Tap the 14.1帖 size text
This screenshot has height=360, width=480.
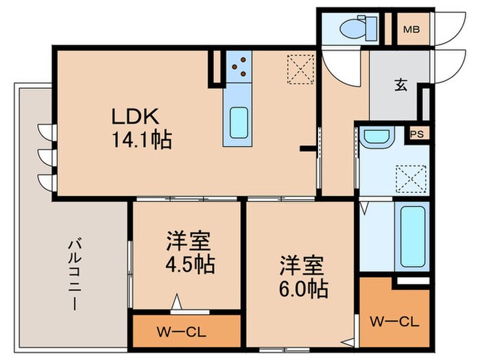point(143,140)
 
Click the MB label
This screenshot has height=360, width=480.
point(411,29)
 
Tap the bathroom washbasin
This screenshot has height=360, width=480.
point(375,136)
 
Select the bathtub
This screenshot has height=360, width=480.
point(413,235)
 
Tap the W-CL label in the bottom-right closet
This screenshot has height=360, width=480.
point(394,322)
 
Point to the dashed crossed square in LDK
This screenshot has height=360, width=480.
point(300,67)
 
